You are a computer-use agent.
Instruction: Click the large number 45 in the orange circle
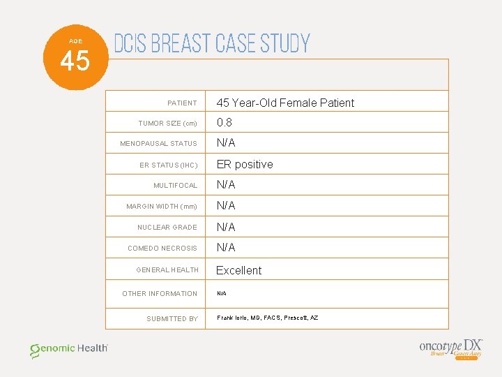[75, 61]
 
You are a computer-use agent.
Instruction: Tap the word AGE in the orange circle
[75, 41]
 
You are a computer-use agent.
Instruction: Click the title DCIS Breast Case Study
[211, 44]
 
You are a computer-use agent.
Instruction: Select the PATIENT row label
[182, 103]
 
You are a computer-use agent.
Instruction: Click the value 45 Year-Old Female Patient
[284, 103]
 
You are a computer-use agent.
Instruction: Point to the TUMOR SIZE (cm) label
[167, 124]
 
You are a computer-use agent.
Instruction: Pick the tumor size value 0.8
[224, 122]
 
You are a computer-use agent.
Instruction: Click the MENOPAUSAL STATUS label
[158, 144]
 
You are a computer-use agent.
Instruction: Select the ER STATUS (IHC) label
[168, 165]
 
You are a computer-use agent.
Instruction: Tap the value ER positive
[244, 164]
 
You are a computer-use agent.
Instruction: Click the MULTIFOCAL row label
[175, 186]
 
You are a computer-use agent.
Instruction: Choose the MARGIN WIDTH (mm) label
[161, 207]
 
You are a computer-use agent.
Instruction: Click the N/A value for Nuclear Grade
[225, 227]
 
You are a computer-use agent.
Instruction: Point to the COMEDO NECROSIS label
[162, 249]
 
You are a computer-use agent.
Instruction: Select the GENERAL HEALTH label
[167, 270]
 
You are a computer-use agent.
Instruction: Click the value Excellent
[238, 270]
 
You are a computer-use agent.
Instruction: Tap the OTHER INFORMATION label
[160, 294]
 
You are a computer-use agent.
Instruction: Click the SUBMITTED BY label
[172, 319]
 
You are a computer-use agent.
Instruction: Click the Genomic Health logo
[68, 350]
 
